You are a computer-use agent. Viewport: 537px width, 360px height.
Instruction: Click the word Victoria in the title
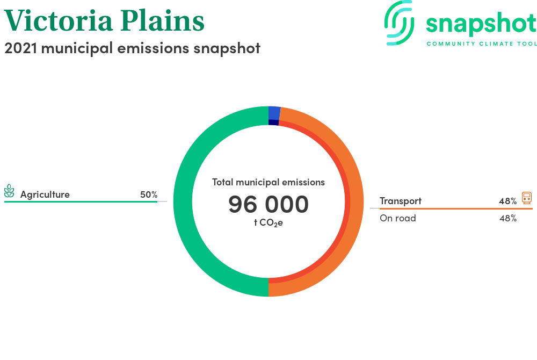(x=58, y=20)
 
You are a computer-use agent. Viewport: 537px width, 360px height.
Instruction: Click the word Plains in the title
(x=162, y=20)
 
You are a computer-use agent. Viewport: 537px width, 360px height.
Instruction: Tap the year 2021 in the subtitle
(x=20, y=48)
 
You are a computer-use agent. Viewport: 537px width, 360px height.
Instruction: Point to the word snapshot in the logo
(x=481, y=24)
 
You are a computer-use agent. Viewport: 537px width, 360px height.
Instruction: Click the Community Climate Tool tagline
(x=482, y=44)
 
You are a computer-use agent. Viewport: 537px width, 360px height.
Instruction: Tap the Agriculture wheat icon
(x=9, y=191)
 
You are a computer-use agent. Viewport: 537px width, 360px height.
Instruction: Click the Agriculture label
(x=45, y=195)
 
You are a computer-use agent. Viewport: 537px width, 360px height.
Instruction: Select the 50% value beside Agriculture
(x=149, y=195)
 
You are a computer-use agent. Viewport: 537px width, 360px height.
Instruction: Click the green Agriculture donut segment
(x=183, y=201)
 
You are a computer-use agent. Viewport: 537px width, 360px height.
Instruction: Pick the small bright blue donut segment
(x=274, y=113)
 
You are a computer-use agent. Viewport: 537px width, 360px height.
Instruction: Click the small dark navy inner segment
(x=273, y=123)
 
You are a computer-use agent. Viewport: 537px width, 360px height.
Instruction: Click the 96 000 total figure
(x=268, y=204)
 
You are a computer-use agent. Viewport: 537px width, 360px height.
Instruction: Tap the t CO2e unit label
(x=268, y=223)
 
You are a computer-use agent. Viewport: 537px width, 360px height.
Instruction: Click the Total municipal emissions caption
(x=268, y=182)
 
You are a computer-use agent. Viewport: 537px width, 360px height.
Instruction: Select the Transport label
(x=401, y=201)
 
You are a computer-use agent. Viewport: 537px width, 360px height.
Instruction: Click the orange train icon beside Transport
(x=527, y=198)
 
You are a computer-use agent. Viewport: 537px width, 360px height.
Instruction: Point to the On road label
(x=397, y=218)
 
